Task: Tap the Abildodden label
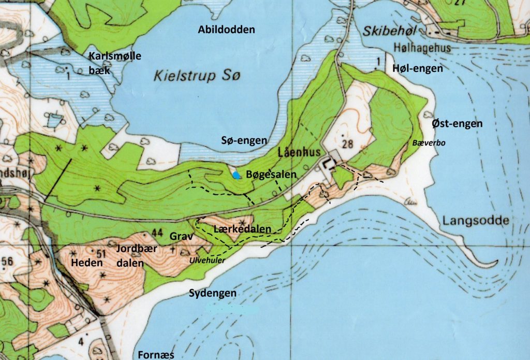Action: (x=226, y=30)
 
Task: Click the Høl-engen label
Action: (x=417, y=68)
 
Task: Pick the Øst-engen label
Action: (x=457, y=124)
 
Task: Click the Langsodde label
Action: (x=476, y=221)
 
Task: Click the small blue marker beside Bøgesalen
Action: (x=237, y=175)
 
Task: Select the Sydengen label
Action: (x=212, y=293)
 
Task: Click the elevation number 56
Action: (x=7, y=262)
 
